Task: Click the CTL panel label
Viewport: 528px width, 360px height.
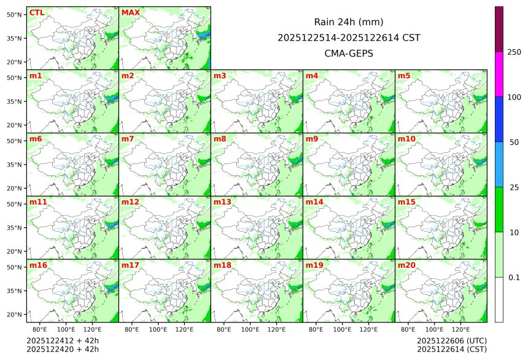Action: [x=37, y=13]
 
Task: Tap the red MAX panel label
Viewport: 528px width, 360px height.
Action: [x=130, y=13]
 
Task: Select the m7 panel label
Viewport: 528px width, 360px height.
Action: [x=128, y=139]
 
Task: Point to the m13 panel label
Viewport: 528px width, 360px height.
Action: [x=222, y=202]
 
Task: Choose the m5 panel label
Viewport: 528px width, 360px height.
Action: [x=405, y=76]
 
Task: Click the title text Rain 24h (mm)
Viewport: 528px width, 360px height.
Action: [x=349, y=22]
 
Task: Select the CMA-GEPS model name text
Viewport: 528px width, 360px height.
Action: [x=349, y=53]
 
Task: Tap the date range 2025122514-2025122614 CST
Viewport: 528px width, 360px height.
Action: [x=349, y=37]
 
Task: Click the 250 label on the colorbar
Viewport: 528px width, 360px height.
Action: [x=514, y=52]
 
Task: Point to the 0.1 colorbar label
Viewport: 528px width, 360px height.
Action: [x=514, y=278]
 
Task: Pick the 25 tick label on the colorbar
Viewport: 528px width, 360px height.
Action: [x=514, y=187]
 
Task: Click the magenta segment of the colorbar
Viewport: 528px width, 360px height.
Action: [x=499, y=74]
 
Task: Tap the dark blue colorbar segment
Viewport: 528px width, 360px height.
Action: [x=499, y=119]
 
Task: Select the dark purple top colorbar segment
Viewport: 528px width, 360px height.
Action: [x=499, y=29]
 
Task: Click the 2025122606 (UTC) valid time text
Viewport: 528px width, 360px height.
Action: [x=452, y=340]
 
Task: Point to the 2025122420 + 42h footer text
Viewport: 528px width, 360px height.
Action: [x=63, y=349]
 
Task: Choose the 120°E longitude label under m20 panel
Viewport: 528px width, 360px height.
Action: [x=461, y=329]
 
